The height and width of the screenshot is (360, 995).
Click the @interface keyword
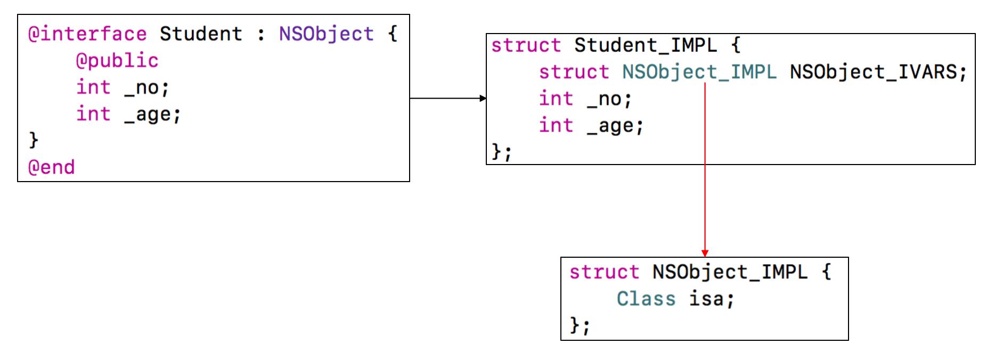[x=87, y=34]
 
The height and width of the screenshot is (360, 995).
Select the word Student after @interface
[x=201, y=34]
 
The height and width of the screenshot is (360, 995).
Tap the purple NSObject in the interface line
[x=326, y=34]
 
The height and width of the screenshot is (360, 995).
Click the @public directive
[x=117, y=61]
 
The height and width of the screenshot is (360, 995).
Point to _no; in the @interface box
[x=146, y=87]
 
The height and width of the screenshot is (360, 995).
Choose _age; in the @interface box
[x=152, y=114]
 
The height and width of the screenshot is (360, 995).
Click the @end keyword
[x=51, y=167]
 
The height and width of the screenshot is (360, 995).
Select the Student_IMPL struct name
[x=646, y=45]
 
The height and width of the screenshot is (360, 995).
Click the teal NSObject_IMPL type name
[x=699, y=72]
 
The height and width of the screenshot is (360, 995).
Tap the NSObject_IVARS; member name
[x=878, y=72]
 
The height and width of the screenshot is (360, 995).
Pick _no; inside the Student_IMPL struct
[x=609, y=99]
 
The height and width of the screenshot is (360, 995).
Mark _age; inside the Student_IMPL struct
[x=615, y=126]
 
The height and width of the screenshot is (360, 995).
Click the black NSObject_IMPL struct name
[x=730, y=272]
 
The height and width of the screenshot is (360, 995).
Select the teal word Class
[x=646, y=299]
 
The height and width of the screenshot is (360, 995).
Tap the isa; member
[x=712, y=299]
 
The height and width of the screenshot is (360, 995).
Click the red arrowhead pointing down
[x=705, y=253]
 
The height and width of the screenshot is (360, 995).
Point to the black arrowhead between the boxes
[x=483, y=98]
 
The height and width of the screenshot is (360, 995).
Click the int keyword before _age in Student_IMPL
[x=556, y=126]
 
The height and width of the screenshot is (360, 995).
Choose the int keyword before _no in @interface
[x=93, y=87]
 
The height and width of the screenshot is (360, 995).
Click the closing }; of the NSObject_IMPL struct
[x=580, y=325]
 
